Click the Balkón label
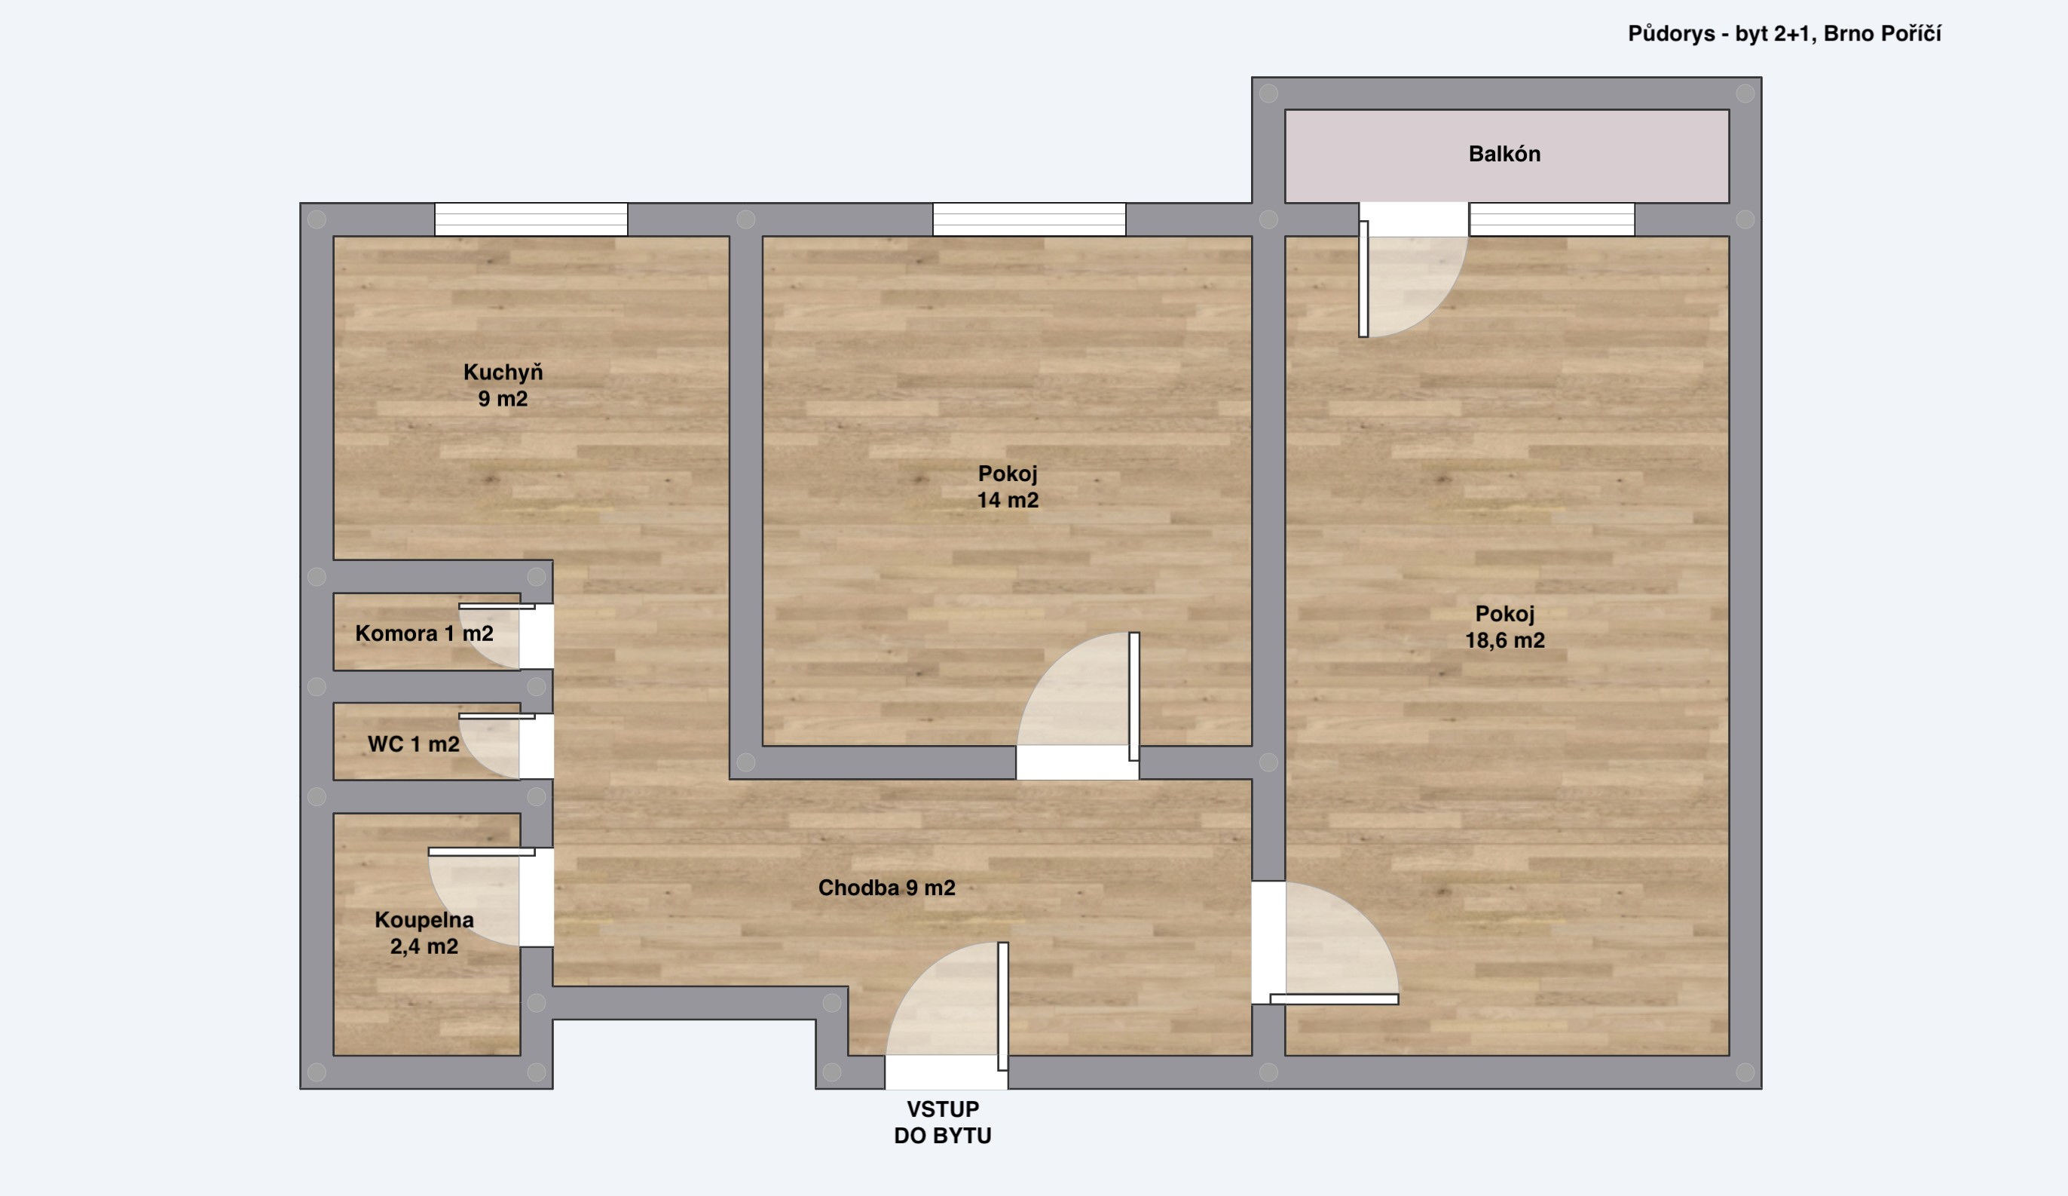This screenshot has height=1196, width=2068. (1504, 155)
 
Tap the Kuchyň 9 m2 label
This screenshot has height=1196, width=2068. (503, 385)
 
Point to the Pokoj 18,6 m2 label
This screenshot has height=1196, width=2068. (1505, 627)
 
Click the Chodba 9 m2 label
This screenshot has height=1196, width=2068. (886, 888)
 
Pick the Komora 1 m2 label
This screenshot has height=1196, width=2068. (424, 633)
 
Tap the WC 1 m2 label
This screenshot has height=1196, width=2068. (414, 744)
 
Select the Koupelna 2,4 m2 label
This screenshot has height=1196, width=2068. (424, 933)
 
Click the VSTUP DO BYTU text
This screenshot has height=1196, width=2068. (943, 1122)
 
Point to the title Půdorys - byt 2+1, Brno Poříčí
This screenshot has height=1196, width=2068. (1784, 34)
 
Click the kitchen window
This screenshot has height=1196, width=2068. (531, 219)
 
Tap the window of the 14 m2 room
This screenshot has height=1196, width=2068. (1029, 219)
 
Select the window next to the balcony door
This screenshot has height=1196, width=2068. (1552, 219)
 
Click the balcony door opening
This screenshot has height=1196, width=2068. (1414, 219)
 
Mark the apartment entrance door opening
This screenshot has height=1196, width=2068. (946, 1072)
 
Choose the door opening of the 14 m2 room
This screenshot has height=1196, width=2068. (1078, 762)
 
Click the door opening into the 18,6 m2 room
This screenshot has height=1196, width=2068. (1268, 943)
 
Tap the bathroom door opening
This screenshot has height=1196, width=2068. (537, 897)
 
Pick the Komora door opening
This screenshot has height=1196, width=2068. (537, 636)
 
